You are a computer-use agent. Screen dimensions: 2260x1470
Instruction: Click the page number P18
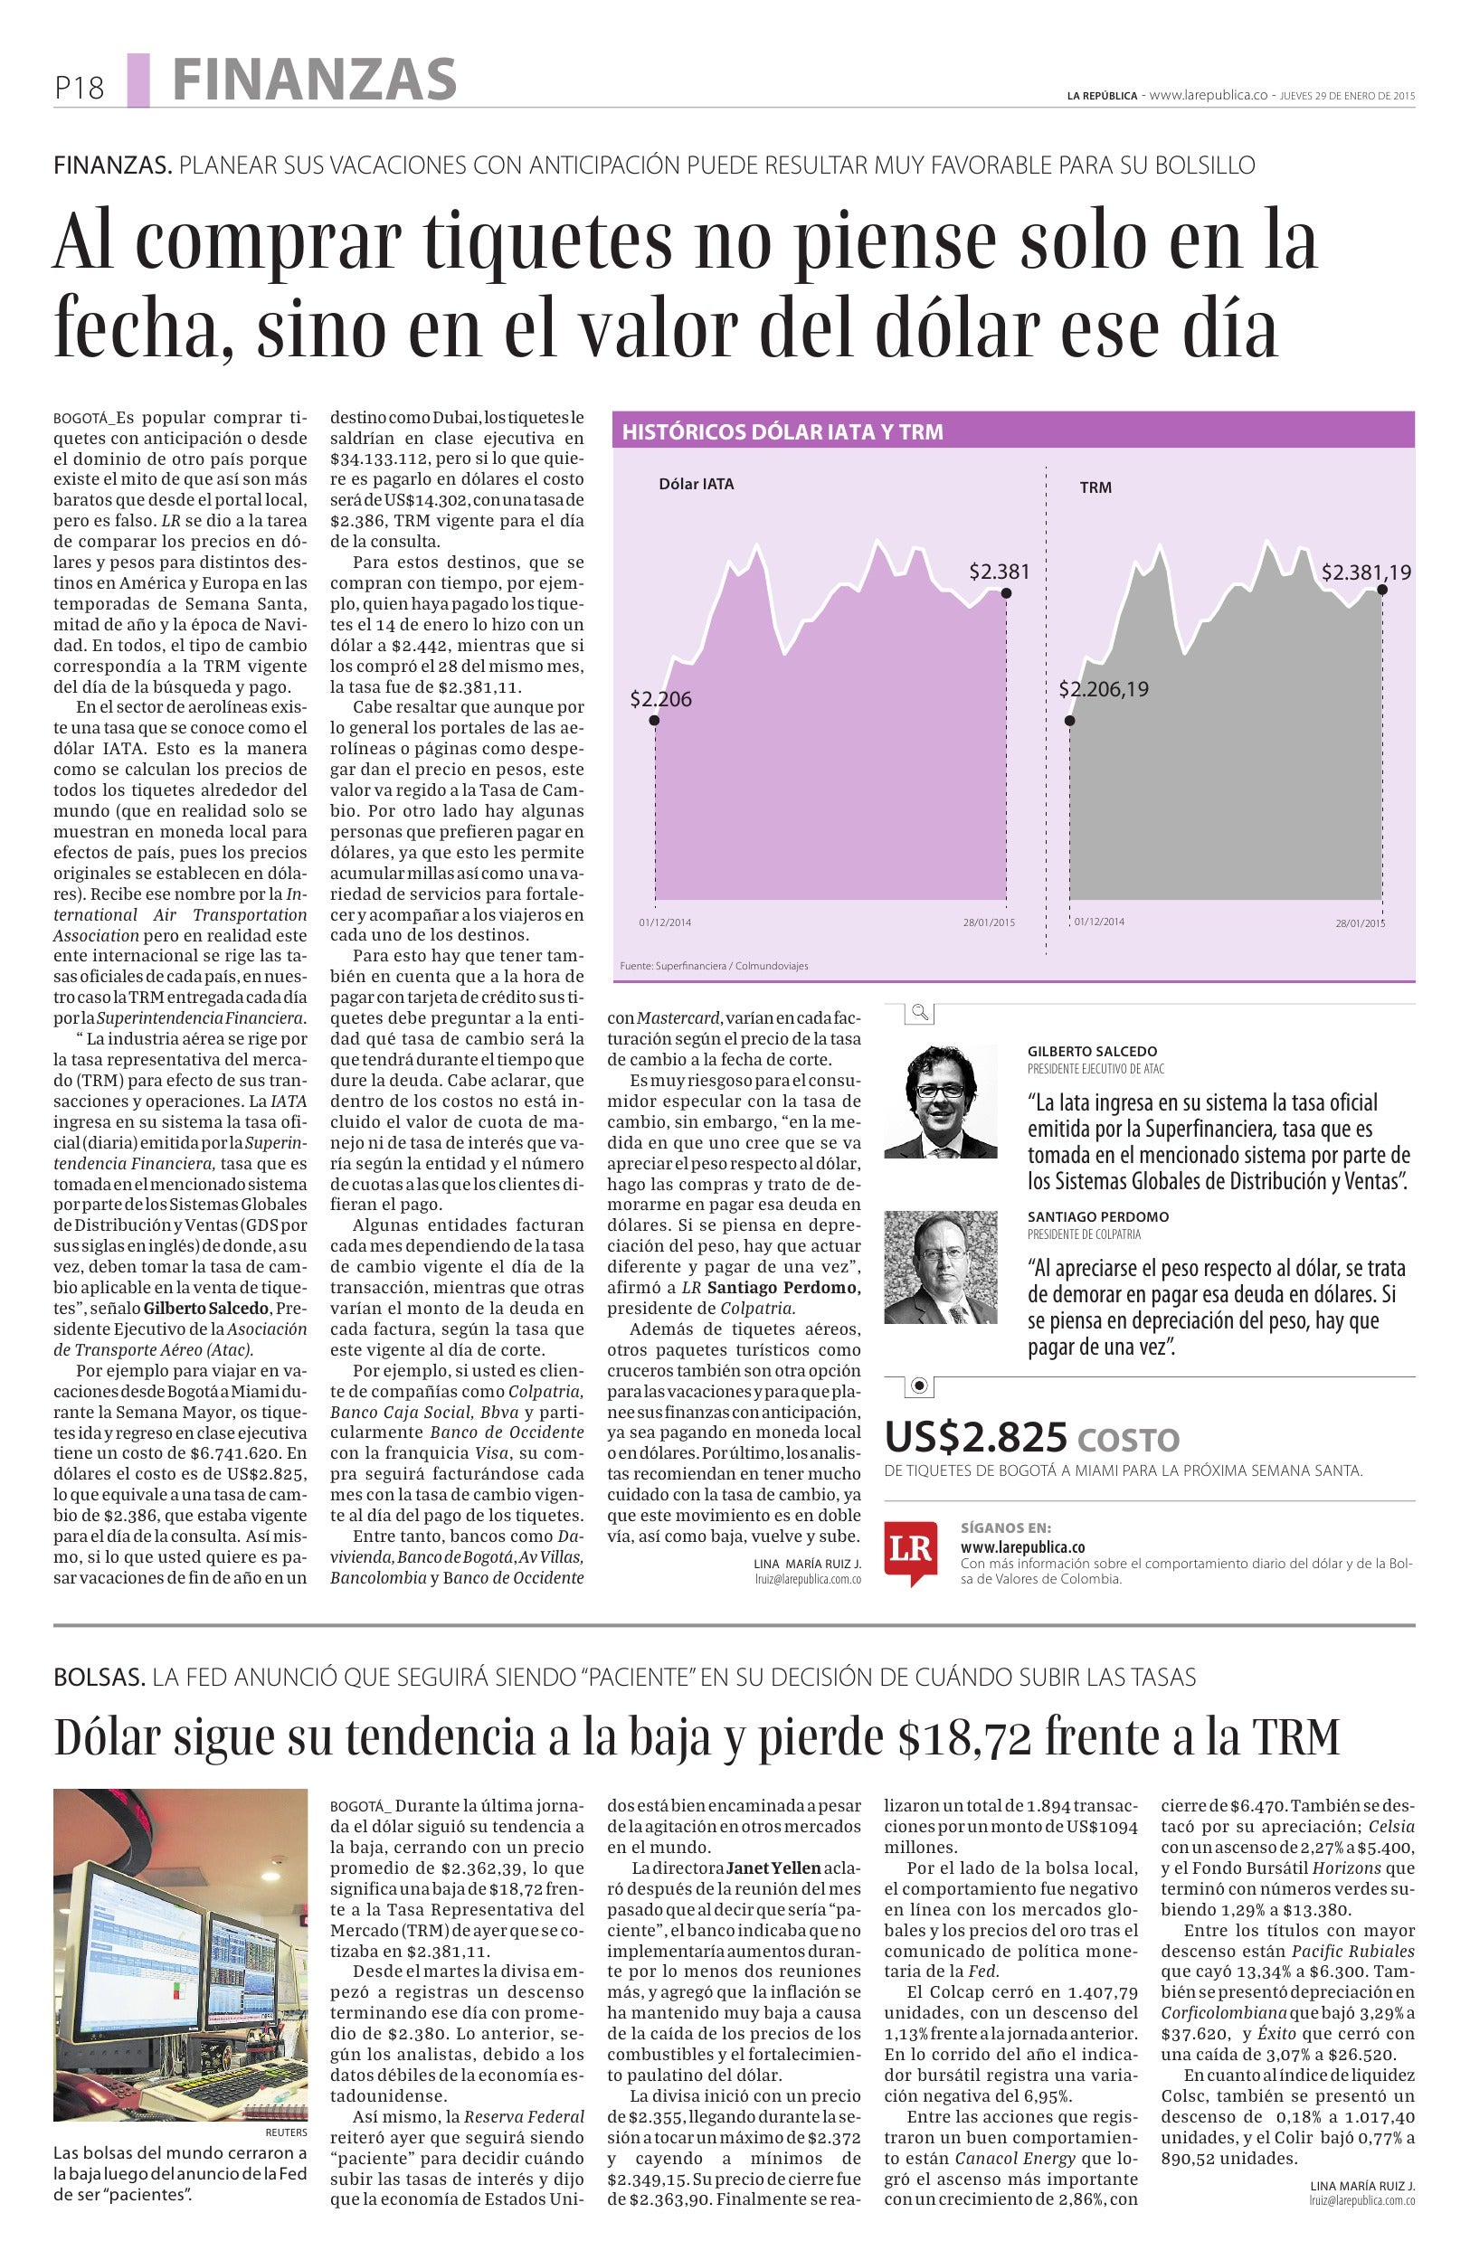pos(79,89)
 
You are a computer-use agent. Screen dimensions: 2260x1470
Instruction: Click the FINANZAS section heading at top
pos(314,79)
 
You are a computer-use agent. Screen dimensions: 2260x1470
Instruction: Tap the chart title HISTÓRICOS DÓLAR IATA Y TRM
pos(782,432)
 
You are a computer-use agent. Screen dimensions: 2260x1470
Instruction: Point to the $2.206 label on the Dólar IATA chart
pos(661,699)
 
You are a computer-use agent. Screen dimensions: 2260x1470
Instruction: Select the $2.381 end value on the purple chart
pos(999,571)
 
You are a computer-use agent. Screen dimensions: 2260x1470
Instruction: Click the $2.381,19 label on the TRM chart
pos(1366,572)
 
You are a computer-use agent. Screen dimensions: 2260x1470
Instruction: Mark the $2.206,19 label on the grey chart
pos(1104,688)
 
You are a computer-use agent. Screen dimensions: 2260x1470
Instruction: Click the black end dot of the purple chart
pos(1007,593)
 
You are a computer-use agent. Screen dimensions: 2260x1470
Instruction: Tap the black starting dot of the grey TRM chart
pos(1070,721)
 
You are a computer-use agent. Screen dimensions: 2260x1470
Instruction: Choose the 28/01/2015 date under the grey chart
pos(1360,923)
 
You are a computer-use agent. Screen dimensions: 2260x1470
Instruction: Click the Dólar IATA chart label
pos(696,483)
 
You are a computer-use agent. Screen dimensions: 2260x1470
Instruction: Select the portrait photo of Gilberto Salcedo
pos(940,1101)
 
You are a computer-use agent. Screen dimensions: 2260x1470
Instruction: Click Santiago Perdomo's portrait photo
pos(940,1267)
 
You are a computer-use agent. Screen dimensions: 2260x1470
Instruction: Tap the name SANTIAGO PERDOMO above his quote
pos(1098,1216)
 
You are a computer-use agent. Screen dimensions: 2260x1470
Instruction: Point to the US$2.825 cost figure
pos(975,1438)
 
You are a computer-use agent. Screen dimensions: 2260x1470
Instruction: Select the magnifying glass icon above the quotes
pos(919,1012)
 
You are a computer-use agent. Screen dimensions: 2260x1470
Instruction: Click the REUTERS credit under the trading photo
pos(286,2132)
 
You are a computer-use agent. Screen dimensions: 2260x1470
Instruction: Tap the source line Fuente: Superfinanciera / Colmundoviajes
pos(713,966)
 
